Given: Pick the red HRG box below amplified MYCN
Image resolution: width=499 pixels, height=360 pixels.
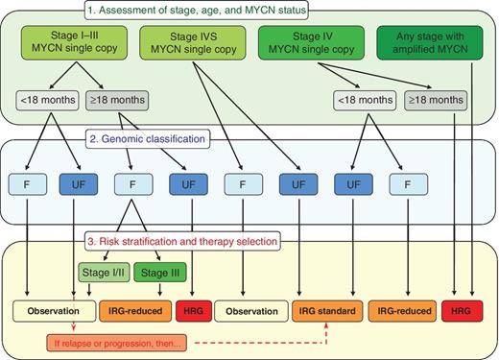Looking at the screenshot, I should [x=463, y=311].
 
